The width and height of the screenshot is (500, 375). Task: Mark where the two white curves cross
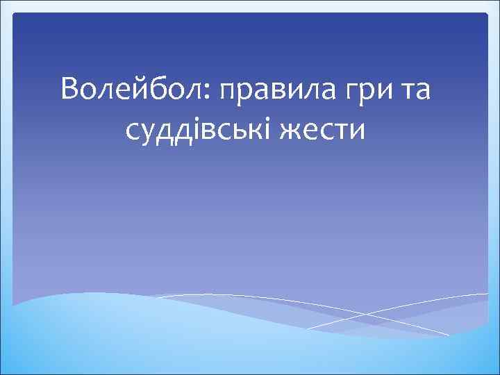369,316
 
